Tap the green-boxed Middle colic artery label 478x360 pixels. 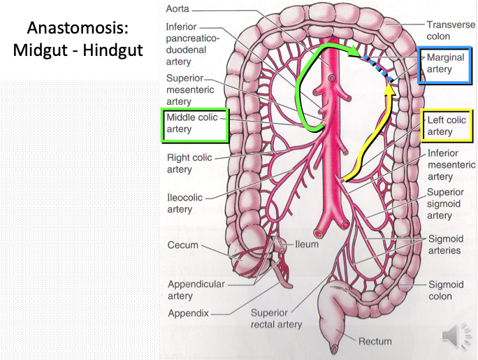pos(192,124)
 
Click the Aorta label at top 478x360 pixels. pos(178,10)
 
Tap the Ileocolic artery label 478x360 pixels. pos(184,203)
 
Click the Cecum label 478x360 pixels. pos(183,245)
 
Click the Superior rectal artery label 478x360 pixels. pos(276,318)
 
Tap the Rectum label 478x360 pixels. pos(375,342)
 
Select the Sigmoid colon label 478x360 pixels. pos(447,290)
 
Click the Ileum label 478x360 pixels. pos(307,245)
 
